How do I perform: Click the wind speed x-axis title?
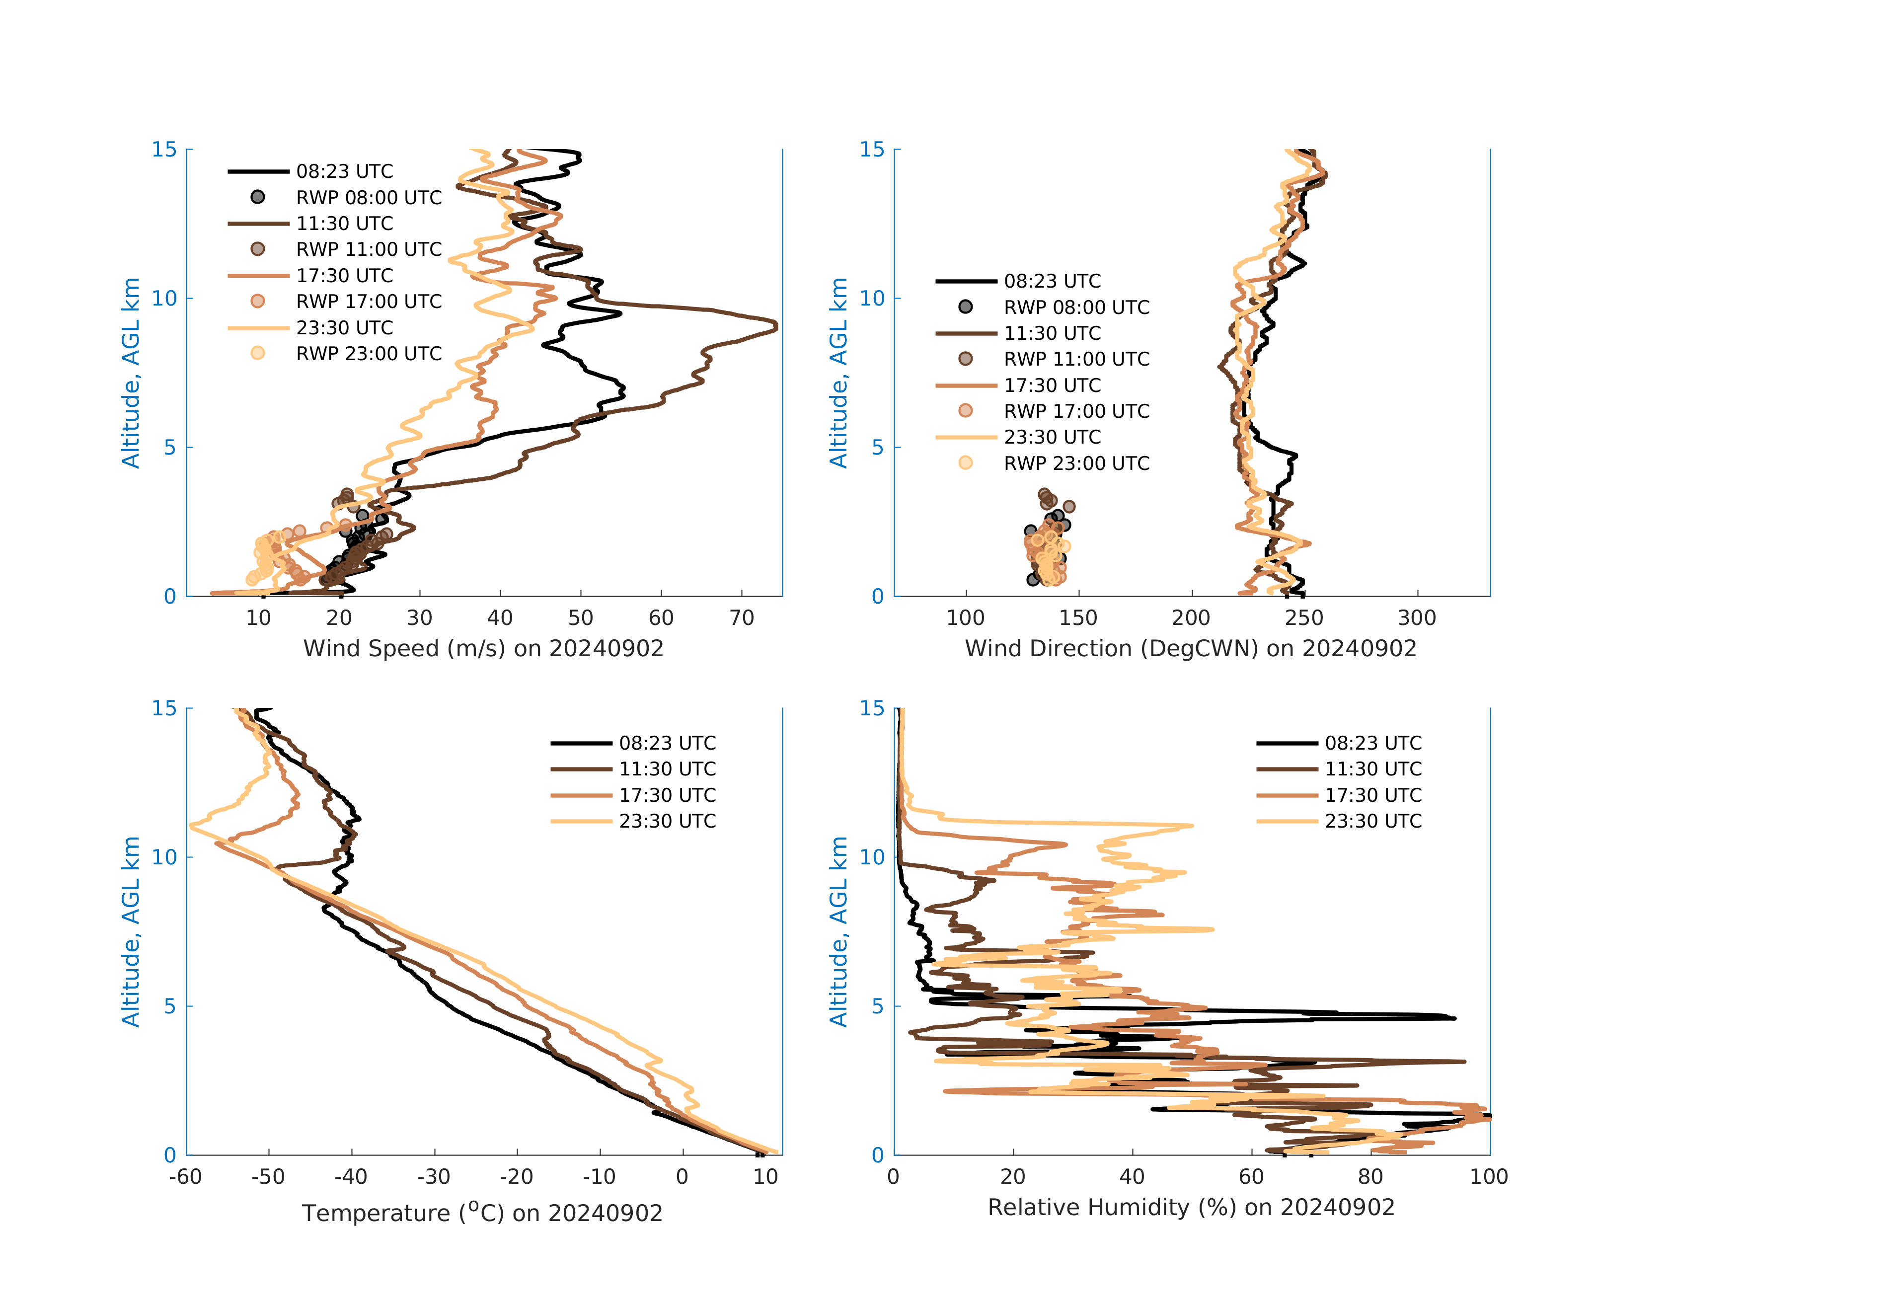[483, 648]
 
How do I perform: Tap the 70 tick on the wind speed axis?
[742, 618]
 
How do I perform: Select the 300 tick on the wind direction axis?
[1417, 618]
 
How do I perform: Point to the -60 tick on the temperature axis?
[186, 1177]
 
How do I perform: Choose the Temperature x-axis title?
[482, 1213]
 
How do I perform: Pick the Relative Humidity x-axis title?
[1190, 1208]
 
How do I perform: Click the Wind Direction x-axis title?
[1190, 648]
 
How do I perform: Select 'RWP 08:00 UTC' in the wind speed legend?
[369, 198]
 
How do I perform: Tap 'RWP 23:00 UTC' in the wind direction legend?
[1077, 463]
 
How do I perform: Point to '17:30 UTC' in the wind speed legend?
[344, 276]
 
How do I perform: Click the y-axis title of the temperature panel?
[131, 931]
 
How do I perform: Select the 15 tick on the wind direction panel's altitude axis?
[872, 150]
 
